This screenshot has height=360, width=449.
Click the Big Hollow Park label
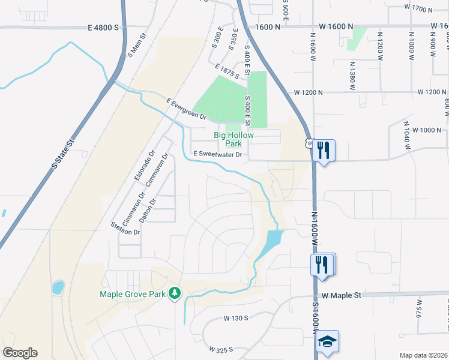(234, 139)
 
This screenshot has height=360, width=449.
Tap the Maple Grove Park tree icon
(175, 293)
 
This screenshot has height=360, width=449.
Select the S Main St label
(137, 46)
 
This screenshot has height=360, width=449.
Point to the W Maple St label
(340, 295)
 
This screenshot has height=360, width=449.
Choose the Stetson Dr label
(125, 228)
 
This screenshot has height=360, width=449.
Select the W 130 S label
(236, 318)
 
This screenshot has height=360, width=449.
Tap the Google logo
(20, 353)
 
